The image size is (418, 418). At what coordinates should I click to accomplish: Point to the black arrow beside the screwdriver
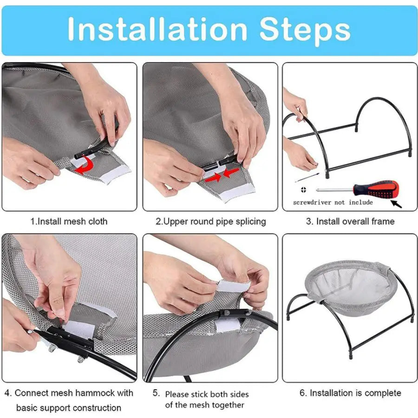[396, 204]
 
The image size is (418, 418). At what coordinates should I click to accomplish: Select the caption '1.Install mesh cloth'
[69, 221]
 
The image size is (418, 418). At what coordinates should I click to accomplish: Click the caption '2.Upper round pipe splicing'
[210, 222]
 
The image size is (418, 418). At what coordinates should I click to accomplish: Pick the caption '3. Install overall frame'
[350, 221]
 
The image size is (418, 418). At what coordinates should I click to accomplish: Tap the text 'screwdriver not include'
[333, 202]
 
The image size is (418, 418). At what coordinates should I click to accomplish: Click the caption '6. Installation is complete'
[350, 392]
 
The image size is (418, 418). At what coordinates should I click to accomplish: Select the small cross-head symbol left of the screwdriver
[303, 189]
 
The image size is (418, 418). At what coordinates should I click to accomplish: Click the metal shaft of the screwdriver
[335, 190]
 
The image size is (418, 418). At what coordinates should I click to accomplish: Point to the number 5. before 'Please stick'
[156, 392]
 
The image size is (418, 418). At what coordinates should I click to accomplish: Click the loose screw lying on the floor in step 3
[307, 178]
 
